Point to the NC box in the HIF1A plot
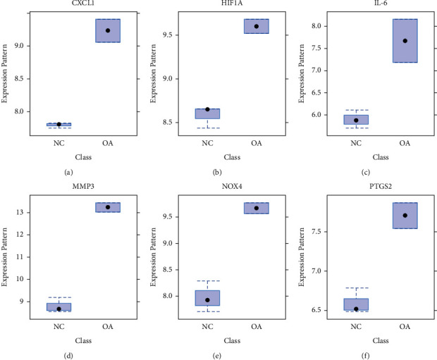207,113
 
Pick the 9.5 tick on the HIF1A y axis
165,35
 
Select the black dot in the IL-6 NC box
356,120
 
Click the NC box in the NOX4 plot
207,297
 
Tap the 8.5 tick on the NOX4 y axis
165,270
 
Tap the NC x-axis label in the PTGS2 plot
356,327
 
